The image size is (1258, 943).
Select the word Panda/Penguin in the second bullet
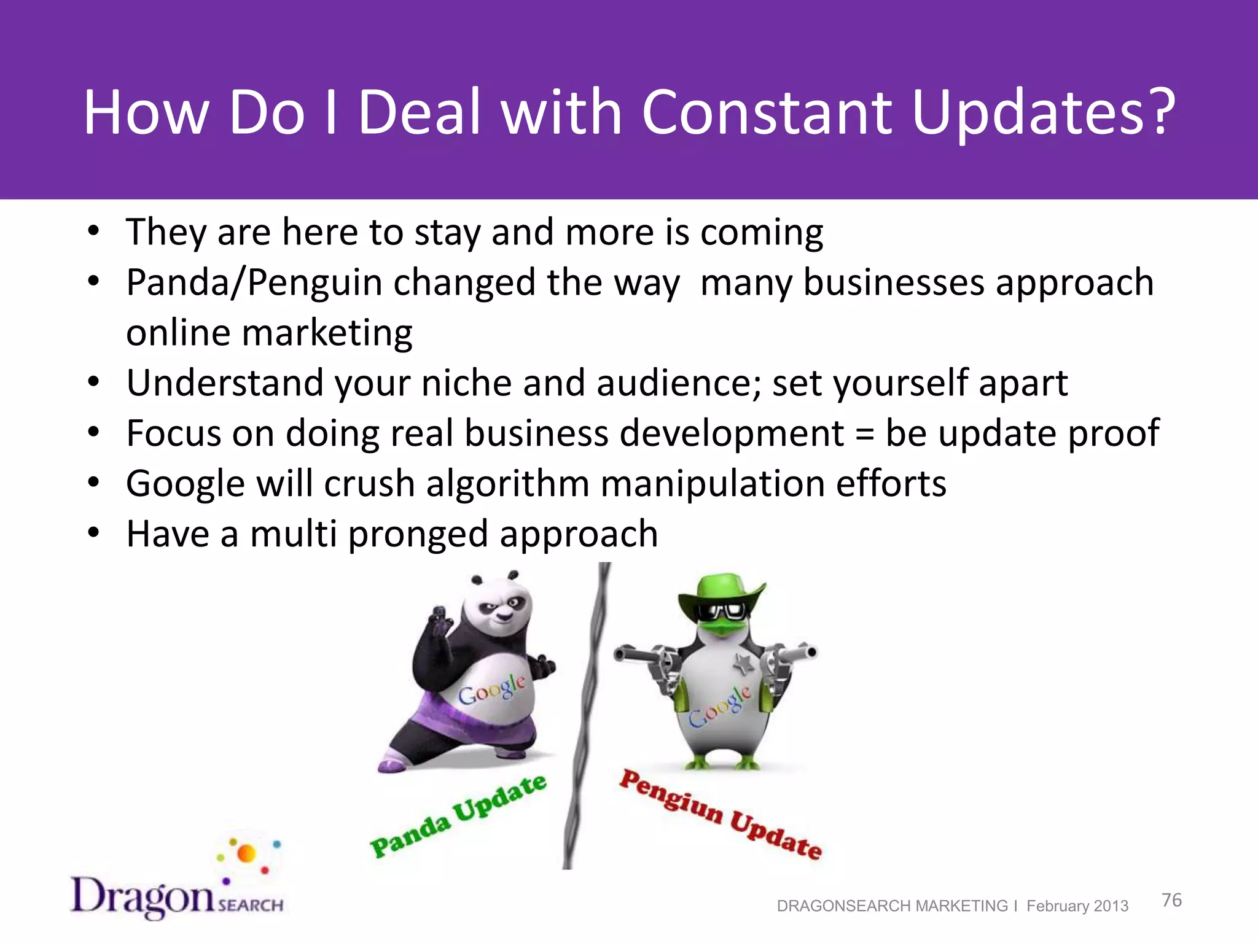click(254, 283)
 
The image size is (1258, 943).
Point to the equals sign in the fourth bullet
click(864, 434)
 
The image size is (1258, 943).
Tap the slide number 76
click(1171, 900)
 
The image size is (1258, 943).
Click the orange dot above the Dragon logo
click(246, 853)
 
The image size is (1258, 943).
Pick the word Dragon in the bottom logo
click(143, 897)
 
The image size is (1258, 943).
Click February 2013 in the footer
click(1077, 906)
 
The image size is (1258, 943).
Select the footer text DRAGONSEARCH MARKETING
click(892, 906)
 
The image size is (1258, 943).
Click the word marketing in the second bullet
click(327, 333)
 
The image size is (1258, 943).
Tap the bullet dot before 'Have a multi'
click(93, 533)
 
